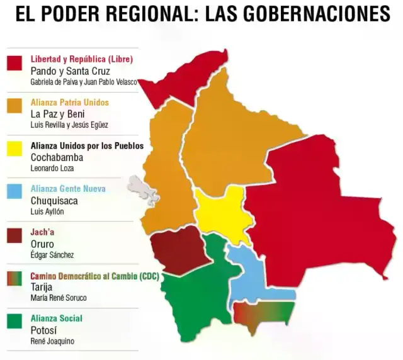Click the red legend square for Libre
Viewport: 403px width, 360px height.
coord(14,64)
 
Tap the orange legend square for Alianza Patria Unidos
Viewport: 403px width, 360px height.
coord(14,106)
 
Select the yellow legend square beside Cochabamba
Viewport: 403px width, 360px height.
coord(14,149)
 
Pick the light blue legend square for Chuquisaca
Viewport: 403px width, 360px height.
coord(14,192)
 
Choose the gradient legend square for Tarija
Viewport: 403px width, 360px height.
coord(14,278)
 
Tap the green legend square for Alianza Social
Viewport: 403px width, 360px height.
coord(14,321)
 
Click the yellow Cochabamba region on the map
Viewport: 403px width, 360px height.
coord(220,215)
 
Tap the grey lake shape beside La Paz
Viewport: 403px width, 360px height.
coord(142,189)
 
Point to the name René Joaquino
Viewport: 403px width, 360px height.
coord(53,340)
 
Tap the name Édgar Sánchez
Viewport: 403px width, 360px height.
coord(52,254)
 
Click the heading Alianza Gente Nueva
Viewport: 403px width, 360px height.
coord(68,188)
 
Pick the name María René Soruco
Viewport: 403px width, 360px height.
coord(59,298)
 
